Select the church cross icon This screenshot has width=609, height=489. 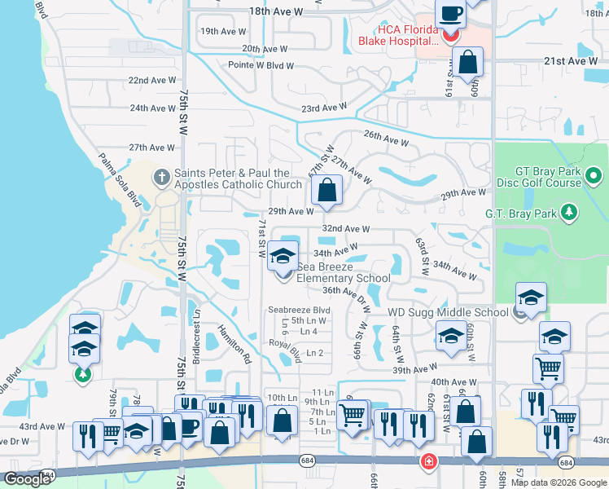162,175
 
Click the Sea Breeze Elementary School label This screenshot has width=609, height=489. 344,272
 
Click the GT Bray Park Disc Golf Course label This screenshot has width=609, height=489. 538,177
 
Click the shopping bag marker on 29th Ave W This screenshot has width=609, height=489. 326,192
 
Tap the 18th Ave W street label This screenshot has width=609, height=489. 275,12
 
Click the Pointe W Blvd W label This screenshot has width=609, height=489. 261,64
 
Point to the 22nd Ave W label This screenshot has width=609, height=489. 152,80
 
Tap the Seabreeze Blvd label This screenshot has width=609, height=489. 299,311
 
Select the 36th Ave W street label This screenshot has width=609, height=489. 341,290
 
